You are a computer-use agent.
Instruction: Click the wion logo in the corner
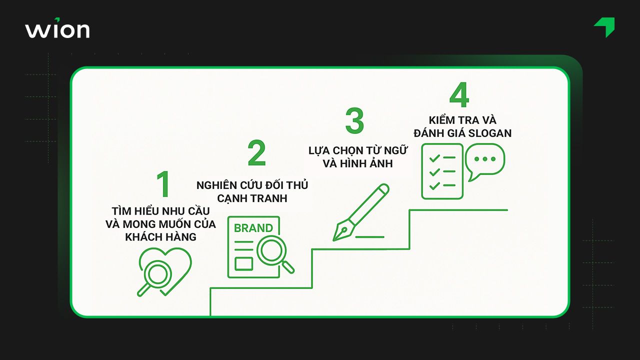57,29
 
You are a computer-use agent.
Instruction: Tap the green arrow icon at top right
605,26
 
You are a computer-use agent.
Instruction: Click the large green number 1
163,184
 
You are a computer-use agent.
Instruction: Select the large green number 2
256,153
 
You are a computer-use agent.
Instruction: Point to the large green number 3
354,121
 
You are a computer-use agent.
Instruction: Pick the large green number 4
459,95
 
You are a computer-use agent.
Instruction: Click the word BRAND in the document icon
253,228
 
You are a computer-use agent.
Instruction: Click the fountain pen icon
361,212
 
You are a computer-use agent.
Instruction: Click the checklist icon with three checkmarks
442,171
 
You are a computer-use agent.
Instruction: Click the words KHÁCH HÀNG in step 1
160,237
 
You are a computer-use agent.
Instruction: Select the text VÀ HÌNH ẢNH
358,163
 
